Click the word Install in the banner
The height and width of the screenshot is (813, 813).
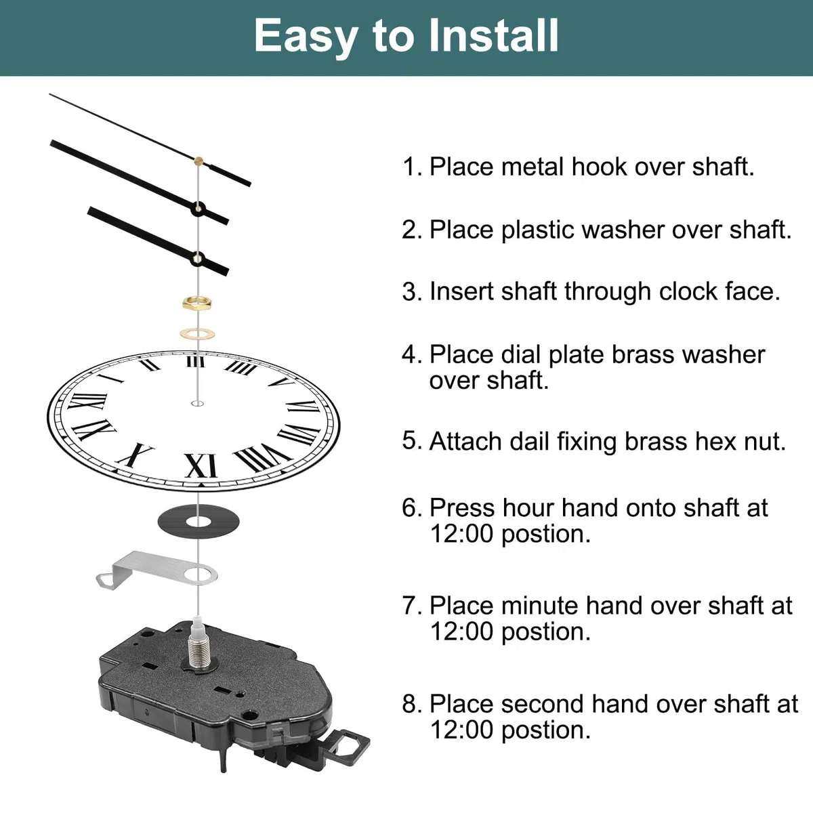tap(493, 36)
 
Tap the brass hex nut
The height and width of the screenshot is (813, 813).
tap(197, 303)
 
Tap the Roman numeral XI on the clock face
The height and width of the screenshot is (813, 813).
tap(201, 465)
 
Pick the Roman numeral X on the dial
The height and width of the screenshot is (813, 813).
tap(135, 455)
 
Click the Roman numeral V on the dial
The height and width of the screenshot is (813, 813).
tap(282, 382)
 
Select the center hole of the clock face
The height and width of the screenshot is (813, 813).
tap(197, 404)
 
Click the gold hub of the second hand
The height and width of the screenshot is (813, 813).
tap(199, 161)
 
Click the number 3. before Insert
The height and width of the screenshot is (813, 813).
tap(412, 291)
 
